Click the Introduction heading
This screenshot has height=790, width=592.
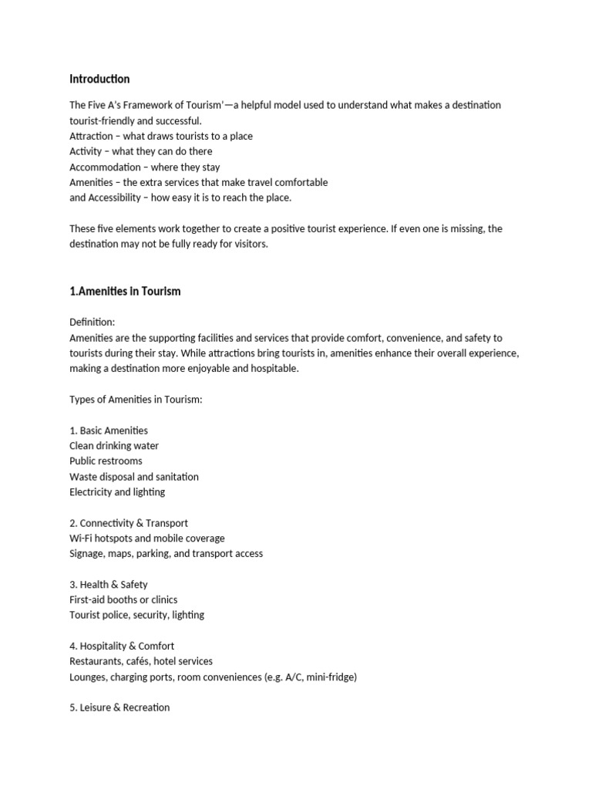pos(99,79)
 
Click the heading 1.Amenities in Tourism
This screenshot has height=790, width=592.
pos(125,292)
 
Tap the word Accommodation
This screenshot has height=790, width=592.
pos(105,167)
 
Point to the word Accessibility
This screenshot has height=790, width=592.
pos(115,197)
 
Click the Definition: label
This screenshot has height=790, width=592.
pos(92,322)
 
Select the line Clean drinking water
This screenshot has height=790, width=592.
pos(114,446)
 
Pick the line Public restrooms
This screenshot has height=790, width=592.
pos(106,461)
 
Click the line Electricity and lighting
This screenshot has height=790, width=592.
pos(117,492)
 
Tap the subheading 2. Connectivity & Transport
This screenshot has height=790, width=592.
pos(129,523)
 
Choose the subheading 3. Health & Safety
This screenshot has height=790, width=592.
pos(109,585)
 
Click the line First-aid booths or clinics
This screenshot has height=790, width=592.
pos(123,599)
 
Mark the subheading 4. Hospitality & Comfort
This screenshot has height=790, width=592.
pos(122,646)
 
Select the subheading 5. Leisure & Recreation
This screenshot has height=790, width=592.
pos(119,707)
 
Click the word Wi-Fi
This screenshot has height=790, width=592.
pos(81,538)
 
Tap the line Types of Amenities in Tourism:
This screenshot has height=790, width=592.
pos(136,400)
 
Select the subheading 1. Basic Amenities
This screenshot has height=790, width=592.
pos(109,430)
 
